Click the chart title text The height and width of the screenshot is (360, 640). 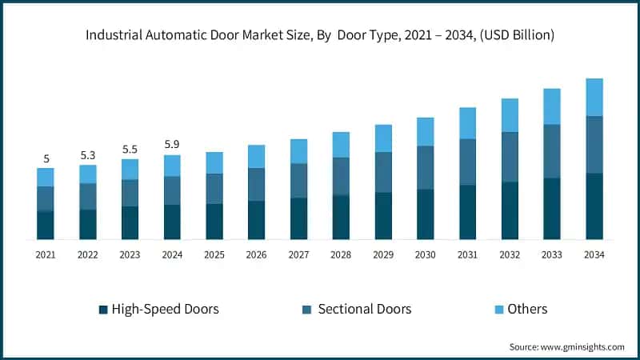point(320,35)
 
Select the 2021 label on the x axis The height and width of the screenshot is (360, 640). point(46,254)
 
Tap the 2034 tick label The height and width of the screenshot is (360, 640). point(594,254)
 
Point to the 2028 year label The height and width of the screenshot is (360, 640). point(341,254)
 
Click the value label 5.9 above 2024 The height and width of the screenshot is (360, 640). point(172,145)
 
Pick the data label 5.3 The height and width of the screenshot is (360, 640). point(88,154)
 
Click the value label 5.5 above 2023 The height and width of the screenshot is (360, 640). point(130,149)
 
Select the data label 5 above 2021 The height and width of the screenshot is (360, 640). point(46,158)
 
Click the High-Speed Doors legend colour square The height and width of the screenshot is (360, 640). point(102,310)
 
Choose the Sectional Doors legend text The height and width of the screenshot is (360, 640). point(365,309)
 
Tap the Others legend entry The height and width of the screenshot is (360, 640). point(527,309)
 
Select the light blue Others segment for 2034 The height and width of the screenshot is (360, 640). point(594,97)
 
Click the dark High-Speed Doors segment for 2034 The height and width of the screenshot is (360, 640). point(594,206)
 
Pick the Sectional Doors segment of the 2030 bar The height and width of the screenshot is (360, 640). point(426,167)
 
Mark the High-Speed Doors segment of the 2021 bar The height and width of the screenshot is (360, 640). point(46,225)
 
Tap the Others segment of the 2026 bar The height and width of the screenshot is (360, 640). point(257,156)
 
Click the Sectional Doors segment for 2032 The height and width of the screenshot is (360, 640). point(510,157)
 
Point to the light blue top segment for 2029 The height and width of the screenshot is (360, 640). point(383,138)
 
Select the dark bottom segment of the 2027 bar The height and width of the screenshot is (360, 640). point(298,218)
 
